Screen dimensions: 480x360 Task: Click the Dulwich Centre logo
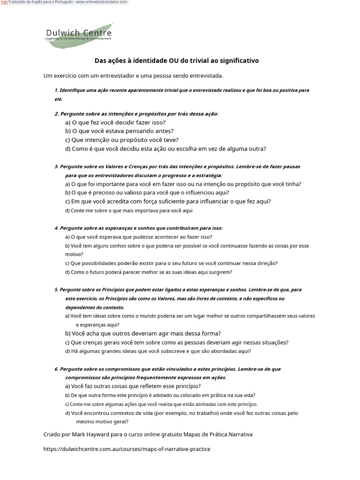coord(79,35)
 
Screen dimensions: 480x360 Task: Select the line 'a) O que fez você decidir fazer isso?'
coord(115,122)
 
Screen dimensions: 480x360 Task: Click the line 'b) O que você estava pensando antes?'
coord(119,131)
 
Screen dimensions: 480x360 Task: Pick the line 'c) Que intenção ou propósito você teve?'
coord(122,140)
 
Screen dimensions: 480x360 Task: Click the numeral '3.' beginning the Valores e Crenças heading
coord(56,166)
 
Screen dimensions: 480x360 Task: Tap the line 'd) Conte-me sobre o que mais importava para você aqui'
coord(129,210)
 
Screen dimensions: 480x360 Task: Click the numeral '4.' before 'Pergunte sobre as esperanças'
coord(56,228)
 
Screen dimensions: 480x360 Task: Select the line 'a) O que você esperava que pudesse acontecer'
coord(138,237)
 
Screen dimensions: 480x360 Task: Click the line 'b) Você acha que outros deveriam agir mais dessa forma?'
coord(143,334)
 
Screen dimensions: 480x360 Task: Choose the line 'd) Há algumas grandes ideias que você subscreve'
coord(158,351)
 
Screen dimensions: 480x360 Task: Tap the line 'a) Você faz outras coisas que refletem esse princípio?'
coord(133,386)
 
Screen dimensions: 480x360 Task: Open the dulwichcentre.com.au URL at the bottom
coord(127,449)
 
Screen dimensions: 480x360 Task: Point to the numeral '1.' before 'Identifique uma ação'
coord(56,90)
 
